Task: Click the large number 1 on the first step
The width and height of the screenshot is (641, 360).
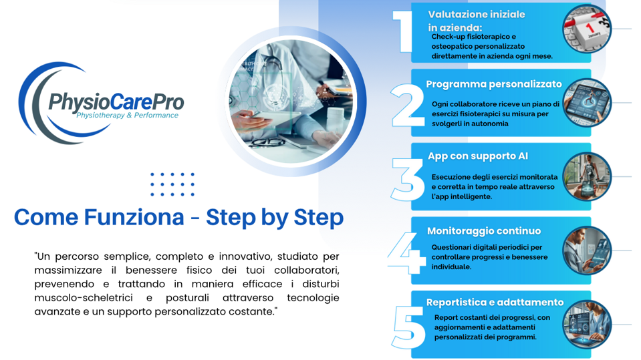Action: point(403,32)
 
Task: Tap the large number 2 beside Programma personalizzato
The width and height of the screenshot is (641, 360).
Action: point(408,106)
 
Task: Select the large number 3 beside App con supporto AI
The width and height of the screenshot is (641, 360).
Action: point(408,180)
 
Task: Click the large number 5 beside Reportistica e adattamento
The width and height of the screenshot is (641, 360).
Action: point(408,327)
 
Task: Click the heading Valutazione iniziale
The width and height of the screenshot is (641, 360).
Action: point(477,14)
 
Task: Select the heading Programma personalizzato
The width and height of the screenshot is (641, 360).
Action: point(494,84)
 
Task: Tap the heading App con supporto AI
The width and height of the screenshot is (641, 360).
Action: point(478,156)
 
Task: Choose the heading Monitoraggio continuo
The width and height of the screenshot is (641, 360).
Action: point(484,231)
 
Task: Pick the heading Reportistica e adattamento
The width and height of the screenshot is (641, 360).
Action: point(495,303)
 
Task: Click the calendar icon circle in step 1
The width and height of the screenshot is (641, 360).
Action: point(587,29)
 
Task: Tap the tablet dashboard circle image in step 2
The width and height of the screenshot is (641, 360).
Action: point(587,103)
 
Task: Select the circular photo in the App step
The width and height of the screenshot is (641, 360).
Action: point(587,176)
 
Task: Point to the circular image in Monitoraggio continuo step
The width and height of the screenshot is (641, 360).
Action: point(587,250)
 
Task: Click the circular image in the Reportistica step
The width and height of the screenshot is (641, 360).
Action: point(587,325)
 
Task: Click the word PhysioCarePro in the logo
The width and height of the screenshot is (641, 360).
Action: point(116,102)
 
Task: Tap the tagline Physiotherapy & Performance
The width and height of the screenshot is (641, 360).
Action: point(128,116)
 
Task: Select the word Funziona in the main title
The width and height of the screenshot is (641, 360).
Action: point(134,217)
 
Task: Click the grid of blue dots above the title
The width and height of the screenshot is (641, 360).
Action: point(172,184)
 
